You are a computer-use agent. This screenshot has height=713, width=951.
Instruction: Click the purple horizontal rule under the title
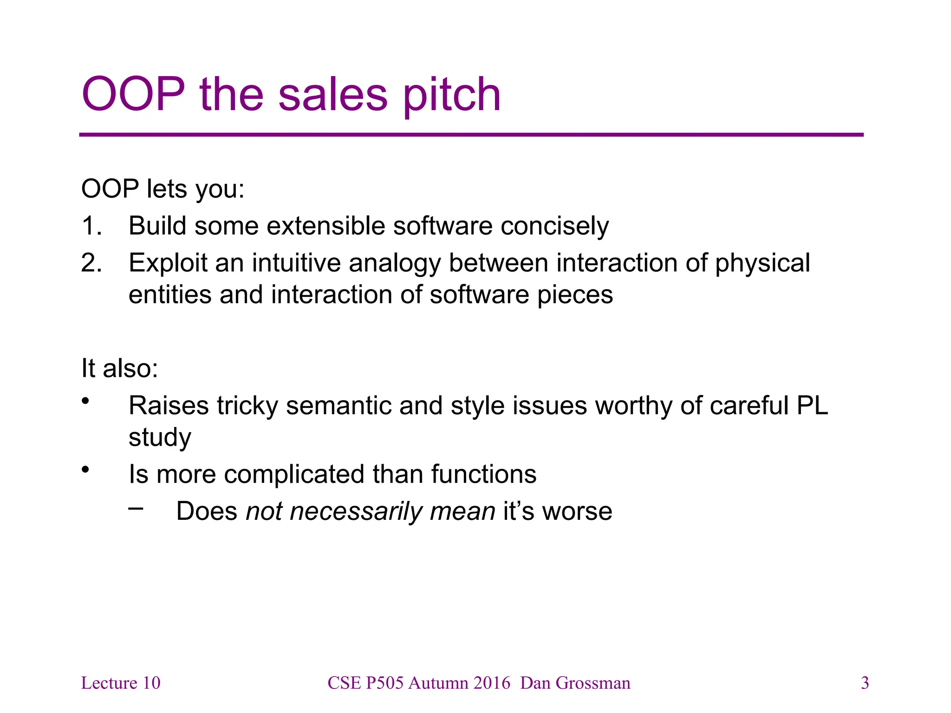471,135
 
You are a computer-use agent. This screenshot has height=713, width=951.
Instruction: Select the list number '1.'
91,226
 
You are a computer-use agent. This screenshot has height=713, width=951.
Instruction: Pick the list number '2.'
91,263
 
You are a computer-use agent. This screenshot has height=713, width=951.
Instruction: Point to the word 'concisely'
554,226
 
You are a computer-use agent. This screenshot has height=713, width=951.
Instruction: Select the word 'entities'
170,295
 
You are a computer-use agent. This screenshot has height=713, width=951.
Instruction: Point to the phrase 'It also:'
120,369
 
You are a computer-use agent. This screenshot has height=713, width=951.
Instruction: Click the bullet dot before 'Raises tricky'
85,401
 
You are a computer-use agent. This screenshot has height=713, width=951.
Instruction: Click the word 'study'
160,438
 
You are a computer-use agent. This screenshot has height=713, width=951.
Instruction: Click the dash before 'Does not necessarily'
136,509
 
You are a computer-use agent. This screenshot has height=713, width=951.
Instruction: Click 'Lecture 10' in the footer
121,683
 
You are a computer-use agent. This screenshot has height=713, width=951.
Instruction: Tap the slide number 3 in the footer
865,683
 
